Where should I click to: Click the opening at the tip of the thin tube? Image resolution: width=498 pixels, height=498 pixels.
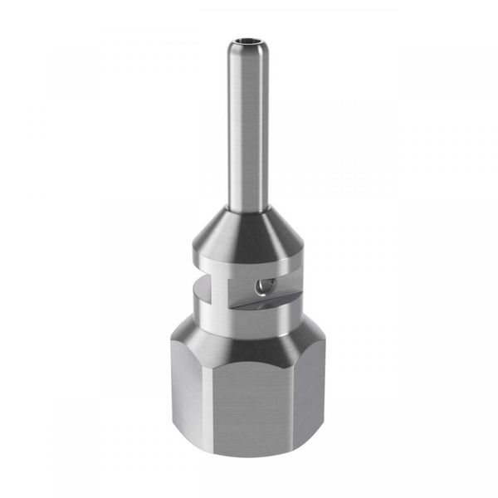coord(249,39)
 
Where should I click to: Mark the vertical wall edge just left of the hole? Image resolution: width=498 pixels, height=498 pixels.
coord(227,286)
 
